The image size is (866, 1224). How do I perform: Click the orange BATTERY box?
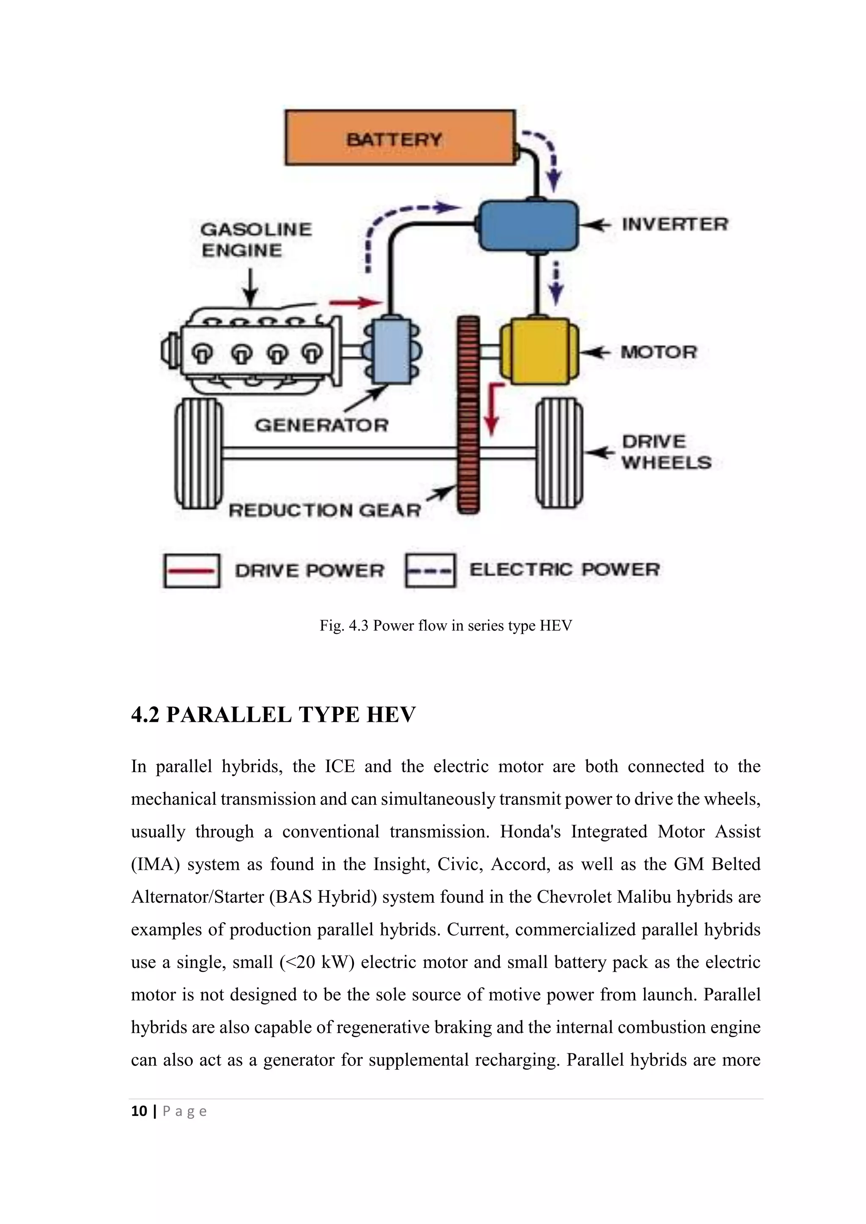coord(400,137)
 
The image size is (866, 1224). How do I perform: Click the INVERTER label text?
coord(674,224)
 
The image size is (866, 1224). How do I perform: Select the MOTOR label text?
coord(658,352)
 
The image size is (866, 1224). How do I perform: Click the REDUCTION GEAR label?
coord(325,510)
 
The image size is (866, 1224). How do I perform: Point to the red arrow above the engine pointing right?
coord(356,303)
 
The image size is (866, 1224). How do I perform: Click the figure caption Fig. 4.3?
coord(445,626)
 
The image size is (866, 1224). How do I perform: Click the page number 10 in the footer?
coord(139,1112)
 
